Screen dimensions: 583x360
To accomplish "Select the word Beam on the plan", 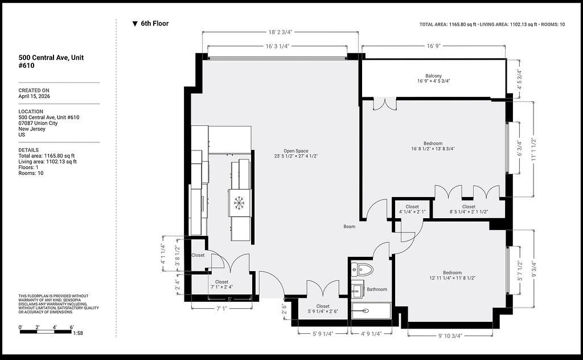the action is tap(349, 227).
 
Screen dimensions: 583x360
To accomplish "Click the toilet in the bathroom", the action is tap(362, 269).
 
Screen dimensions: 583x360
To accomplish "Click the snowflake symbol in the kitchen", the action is tap(239, 203).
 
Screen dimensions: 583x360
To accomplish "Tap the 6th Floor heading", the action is tap(150, 23).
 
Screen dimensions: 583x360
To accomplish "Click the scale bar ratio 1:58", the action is tap(78, 333).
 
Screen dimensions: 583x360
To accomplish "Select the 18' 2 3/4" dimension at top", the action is tap(280, 32).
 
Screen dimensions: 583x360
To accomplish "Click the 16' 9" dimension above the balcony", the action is tap(433, 46).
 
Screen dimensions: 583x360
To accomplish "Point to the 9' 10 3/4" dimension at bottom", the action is tap(450, 336).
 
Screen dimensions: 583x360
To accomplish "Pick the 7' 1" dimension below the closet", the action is tap(221, 308).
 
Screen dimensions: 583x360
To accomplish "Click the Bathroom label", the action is tap(377, 289).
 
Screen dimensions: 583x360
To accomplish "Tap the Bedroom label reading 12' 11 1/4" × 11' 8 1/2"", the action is tap(452, 275).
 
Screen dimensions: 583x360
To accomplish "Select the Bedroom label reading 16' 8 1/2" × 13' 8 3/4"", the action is tap(433, 146).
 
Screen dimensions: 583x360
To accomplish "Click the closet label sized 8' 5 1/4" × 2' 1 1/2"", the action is tap(469, 209).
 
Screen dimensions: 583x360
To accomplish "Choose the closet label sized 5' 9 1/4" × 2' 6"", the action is tap(323, 309).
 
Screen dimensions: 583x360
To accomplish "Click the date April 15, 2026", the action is tap(34, 96).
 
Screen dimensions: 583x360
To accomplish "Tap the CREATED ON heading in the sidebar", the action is tap(34, 91).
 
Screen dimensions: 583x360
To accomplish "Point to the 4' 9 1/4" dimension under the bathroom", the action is tap(371, 334).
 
